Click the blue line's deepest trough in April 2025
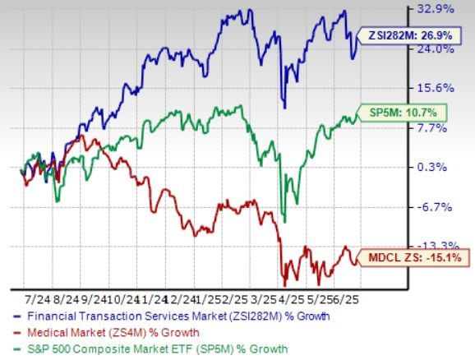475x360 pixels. coord(284,108)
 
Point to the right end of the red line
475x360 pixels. coord(357,263)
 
